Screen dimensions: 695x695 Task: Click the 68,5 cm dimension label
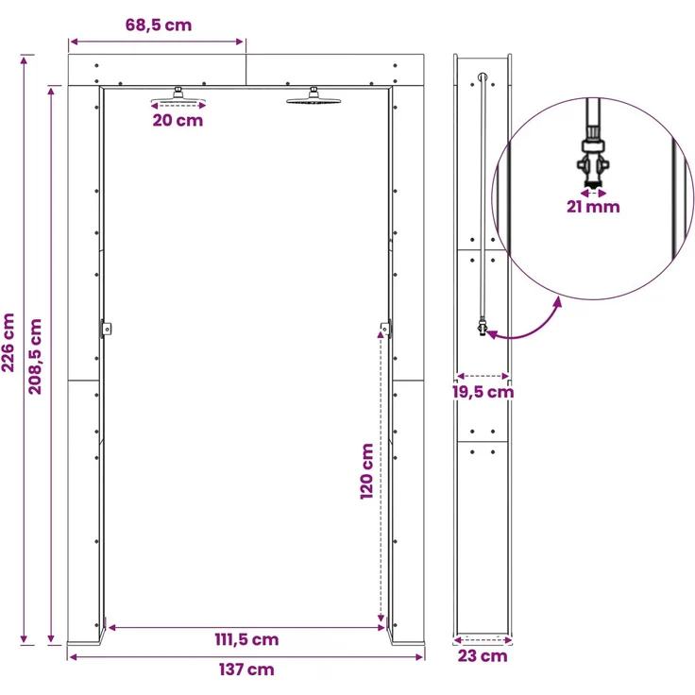(x=159, y=25)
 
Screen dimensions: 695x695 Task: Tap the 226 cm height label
(x=8, y=342)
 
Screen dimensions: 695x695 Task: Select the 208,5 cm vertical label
(x=35, y=356)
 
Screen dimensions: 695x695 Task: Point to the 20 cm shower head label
(x=178, y=120)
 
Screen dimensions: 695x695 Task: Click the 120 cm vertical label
(x=367, y=471)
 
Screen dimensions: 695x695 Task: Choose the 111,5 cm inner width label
(x=246, y=639)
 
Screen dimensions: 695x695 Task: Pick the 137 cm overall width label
(x=246, y=670)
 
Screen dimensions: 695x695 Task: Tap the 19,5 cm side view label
(x=483, y=392)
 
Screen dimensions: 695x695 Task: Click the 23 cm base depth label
(x=483, y=655)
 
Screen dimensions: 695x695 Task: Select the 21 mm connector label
(x=593, y=207)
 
